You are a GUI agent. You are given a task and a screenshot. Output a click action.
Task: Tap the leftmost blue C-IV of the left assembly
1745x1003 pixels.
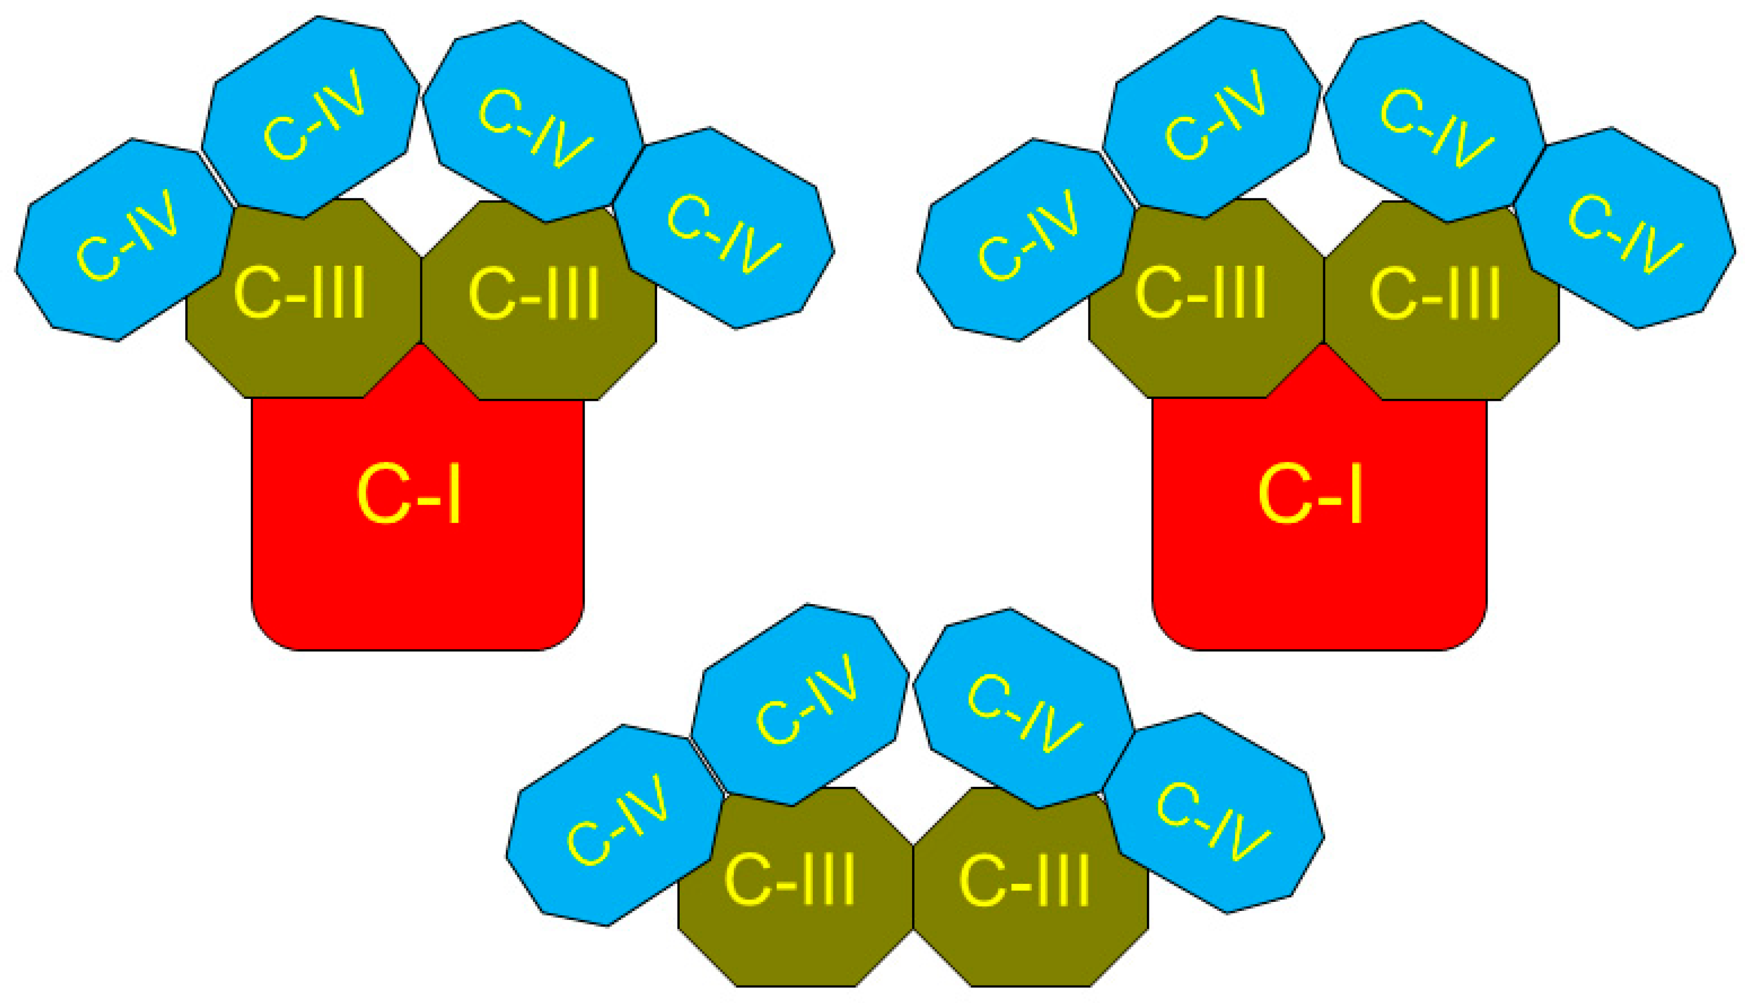(124, 241)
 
